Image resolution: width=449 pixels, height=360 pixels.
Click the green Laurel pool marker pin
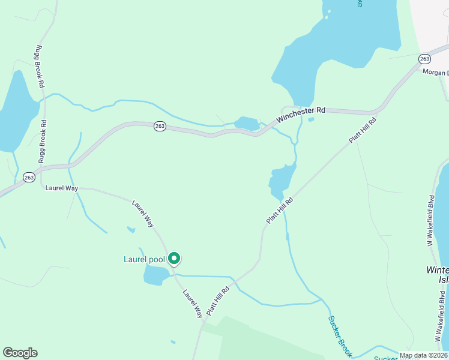coord(174,259)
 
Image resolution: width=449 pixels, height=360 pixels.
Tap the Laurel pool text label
coord(144,259)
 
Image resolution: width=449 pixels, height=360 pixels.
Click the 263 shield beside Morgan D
coord(424,59)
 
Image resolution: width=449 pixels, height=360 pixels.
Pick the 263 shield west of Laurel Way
coord(29,177)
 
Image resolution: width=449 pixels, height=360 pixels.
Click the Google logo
coord(20,353)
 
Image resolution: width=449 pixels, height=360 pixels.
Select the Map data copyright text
coord(423,355)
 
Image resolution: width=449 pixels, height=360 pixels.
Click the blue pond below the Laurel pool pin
coord(155,275)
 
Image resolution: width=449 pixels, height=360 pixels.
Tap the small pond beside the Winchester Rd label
coord(246,123)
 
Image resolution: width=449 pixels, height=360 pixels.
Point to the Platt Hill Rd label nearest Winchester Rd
coord(363,130)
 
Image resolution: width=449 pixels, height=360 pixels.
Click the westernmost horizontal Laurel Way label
coord(62,188)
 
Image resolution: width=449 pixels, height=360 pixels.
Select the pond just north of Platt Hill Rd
coord(282,180)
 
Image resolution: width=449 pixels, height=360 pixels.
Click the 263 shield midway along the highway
coord(159,128)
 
